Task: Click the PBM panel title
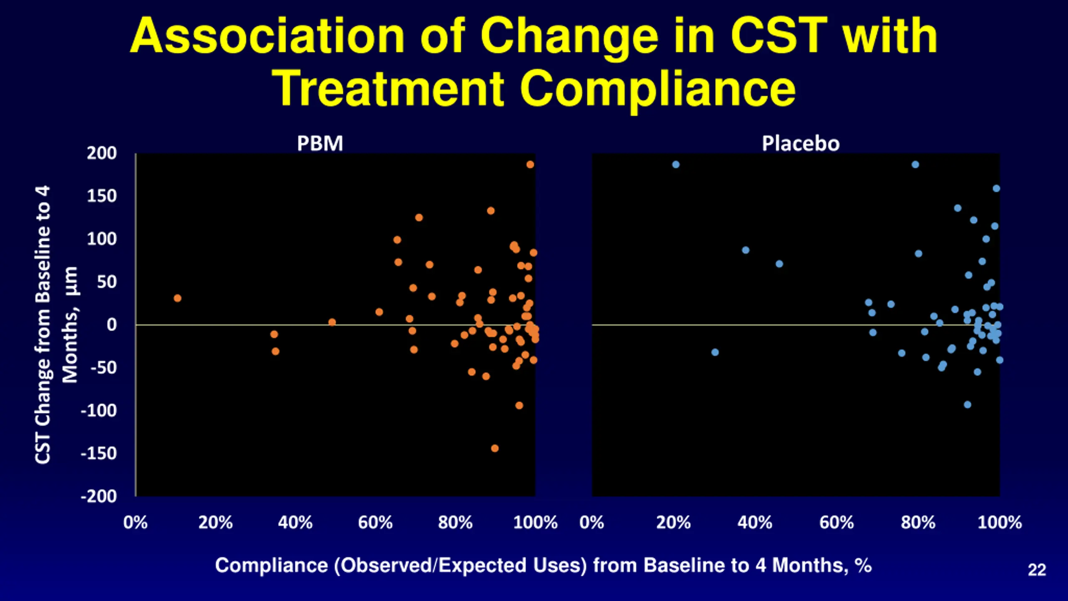pos(320,144)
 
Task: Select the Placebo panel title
pos(801,144)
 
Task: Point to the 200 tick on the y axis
pos(102,153)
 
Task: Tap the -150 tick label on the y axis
pos(99,453)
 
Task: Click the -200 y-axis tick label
pos(99,496)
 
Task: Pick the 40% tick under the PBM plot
pos(295,523)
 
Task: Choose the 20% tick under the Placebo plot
pos(673,523)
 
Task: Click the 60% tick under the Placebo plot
pos(836,523)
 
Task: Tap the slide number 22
pos(1037,570)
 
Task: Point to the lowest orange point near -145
pos(495,448)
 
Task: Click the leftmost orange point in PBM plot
pos(177,298)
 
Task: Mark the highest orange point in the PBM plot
pos(530,164)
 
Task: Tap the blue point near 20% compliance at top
pos(676,164)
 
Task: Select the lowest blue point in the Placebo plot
pos(967,404)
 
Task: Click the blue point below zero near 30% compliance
pos(715,352)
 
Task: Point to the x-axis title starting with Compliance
pos(543,566)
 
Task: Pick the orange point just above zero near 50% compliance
pos(332,322)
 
